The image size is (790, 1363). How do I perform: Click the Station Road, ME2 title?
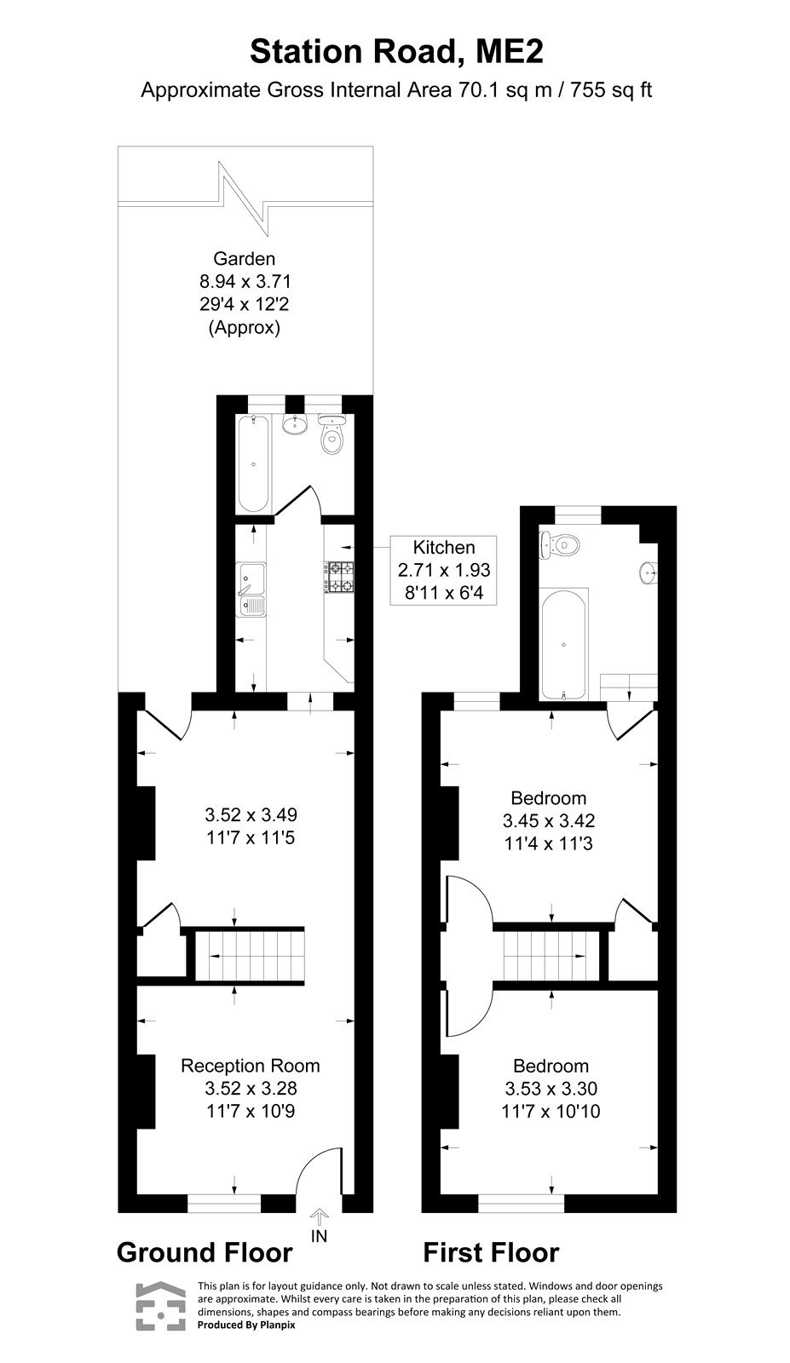[x=395, y=52]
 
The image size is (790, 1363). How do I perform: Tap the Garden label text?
[x=244, y=258]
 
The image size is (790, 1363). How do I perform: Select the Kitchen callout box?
[x=443, y=570]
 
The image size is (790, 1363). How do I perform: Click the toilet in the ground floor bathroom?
[x=332, y=437]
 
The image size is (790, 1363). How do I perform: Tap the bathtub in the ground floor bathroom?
[x=253, y=463]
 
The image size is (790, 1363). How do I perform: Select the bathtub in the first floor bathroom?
[x=564, y=643]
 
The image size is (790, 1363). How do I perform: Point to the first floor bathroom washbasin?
[x=649, y=573]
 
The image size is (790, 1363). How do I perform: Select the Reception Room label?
[x=251, y=1066]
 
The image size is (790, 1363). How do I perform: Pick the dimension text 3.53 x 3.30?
[x=551, y=1089]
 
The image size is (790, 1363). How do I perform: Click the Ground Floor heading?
[x=205, y=1252]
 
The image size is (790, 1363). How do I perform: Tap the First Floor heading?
[x=491, y=1252]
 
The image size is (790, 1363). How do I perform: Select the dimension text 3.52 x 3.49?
[x=251, y=814]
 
